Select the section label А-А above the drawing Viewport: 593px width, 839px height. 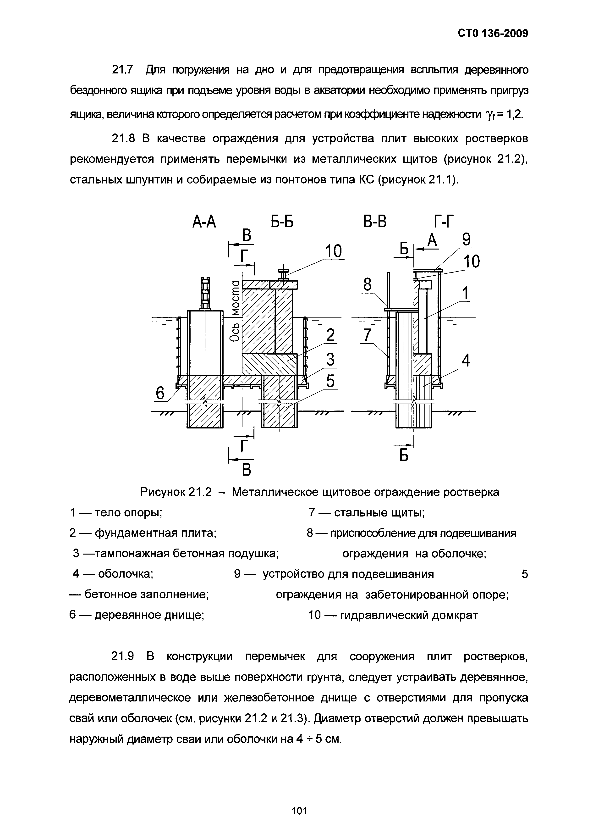(x=204, y=222)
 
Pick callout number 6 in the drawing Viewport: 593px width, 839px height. (x=161, y=393)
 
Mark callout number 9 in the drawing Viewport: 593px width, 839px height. (x=466, y=240)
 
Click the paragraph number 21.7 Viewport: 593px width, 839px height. (x=122, y=69)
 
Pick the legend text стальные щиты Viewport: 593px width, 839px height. (x=379, y=513)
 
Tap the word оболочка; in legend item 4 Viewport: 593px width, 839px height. (x=126, y=574)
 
